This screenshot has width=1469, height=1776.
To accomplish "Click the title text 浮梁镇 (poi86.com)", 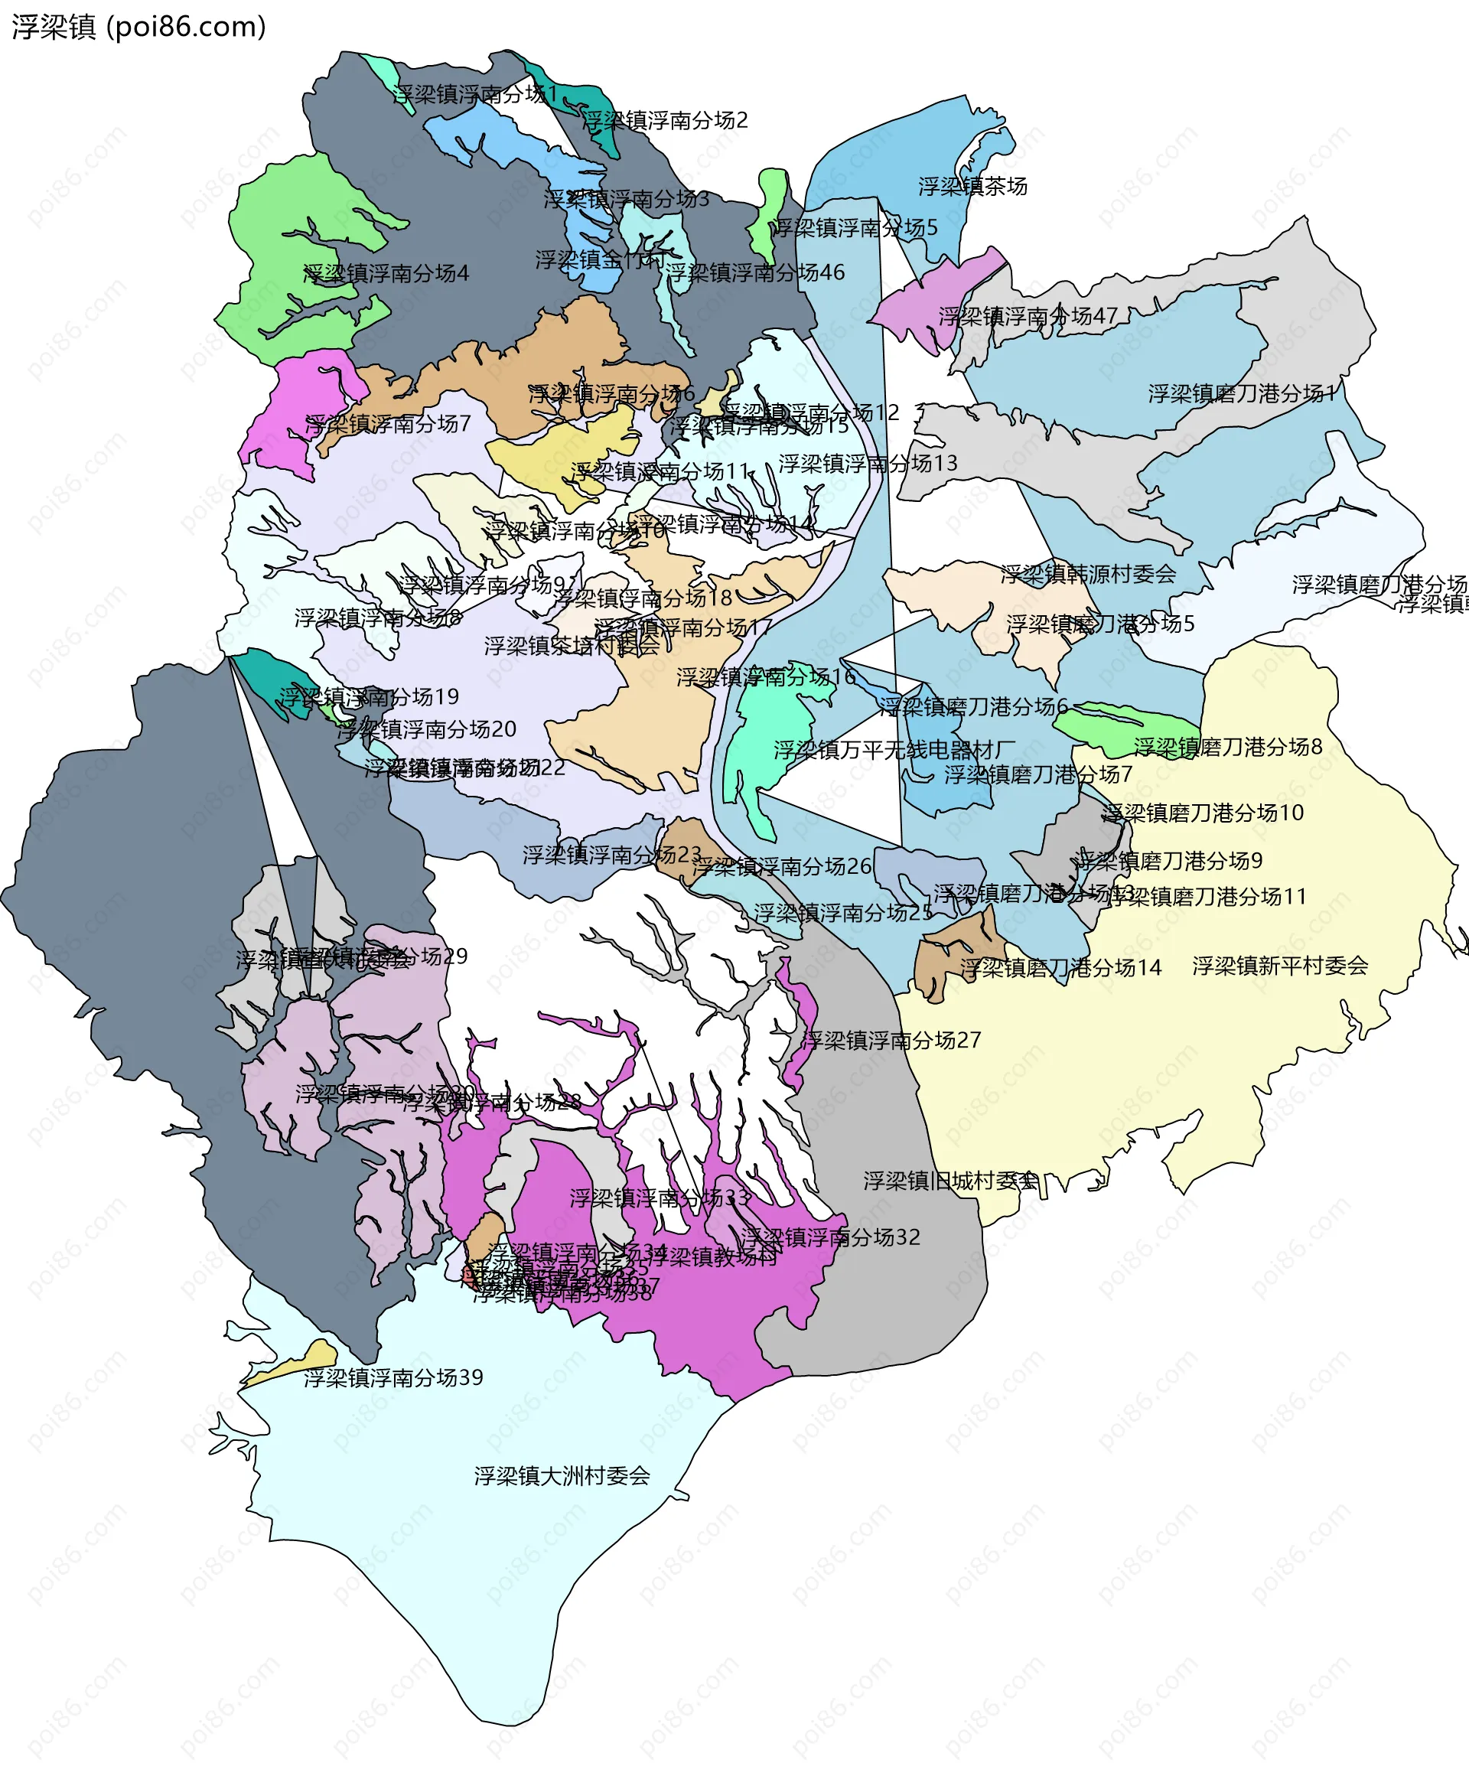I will (138, 27).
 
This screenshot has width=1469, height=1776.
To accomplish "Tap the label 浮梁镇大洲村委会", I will (562, 1476).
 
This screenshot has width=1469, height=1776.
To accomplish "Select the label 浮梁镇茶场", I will (972, 186).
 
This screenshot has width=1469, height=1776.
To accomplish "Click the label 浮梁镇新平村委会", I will (1279, 965).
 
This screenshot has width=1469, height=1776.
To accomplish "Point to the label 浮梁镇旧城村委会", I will (949, 1181).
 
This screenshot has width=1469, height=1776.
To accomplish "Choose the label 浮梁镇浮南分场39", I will (393, 1377).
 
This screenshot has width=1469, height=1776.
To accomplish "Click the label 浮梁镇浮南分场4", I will (386, 273).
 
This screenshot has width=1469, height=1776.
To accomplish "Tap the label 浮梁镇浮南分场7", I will (387, 424).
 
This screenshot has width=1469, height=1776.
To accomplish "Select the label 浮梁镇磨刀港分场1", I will (1241, 393).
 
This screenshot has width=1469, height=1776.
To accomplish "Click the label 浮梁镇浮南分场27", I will (891, 1040).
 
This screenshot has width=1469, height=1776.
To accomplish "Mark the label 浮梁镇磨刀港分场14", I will (1060, 967).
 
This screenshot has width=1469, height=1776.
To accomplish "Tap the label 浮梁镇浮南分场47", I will (1028, 316).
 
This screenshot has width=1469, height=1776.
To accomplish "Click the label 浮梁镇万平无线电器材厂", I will (894, 749).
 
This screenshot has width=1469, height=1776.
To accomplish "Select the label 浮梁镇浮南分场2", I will (665, 120).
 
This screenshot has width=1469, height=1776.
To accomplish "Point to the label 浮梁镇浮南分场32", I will (829, 1237).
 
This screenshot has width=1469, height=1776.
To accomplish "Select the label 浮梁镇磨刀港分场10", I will (1203, 813).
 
